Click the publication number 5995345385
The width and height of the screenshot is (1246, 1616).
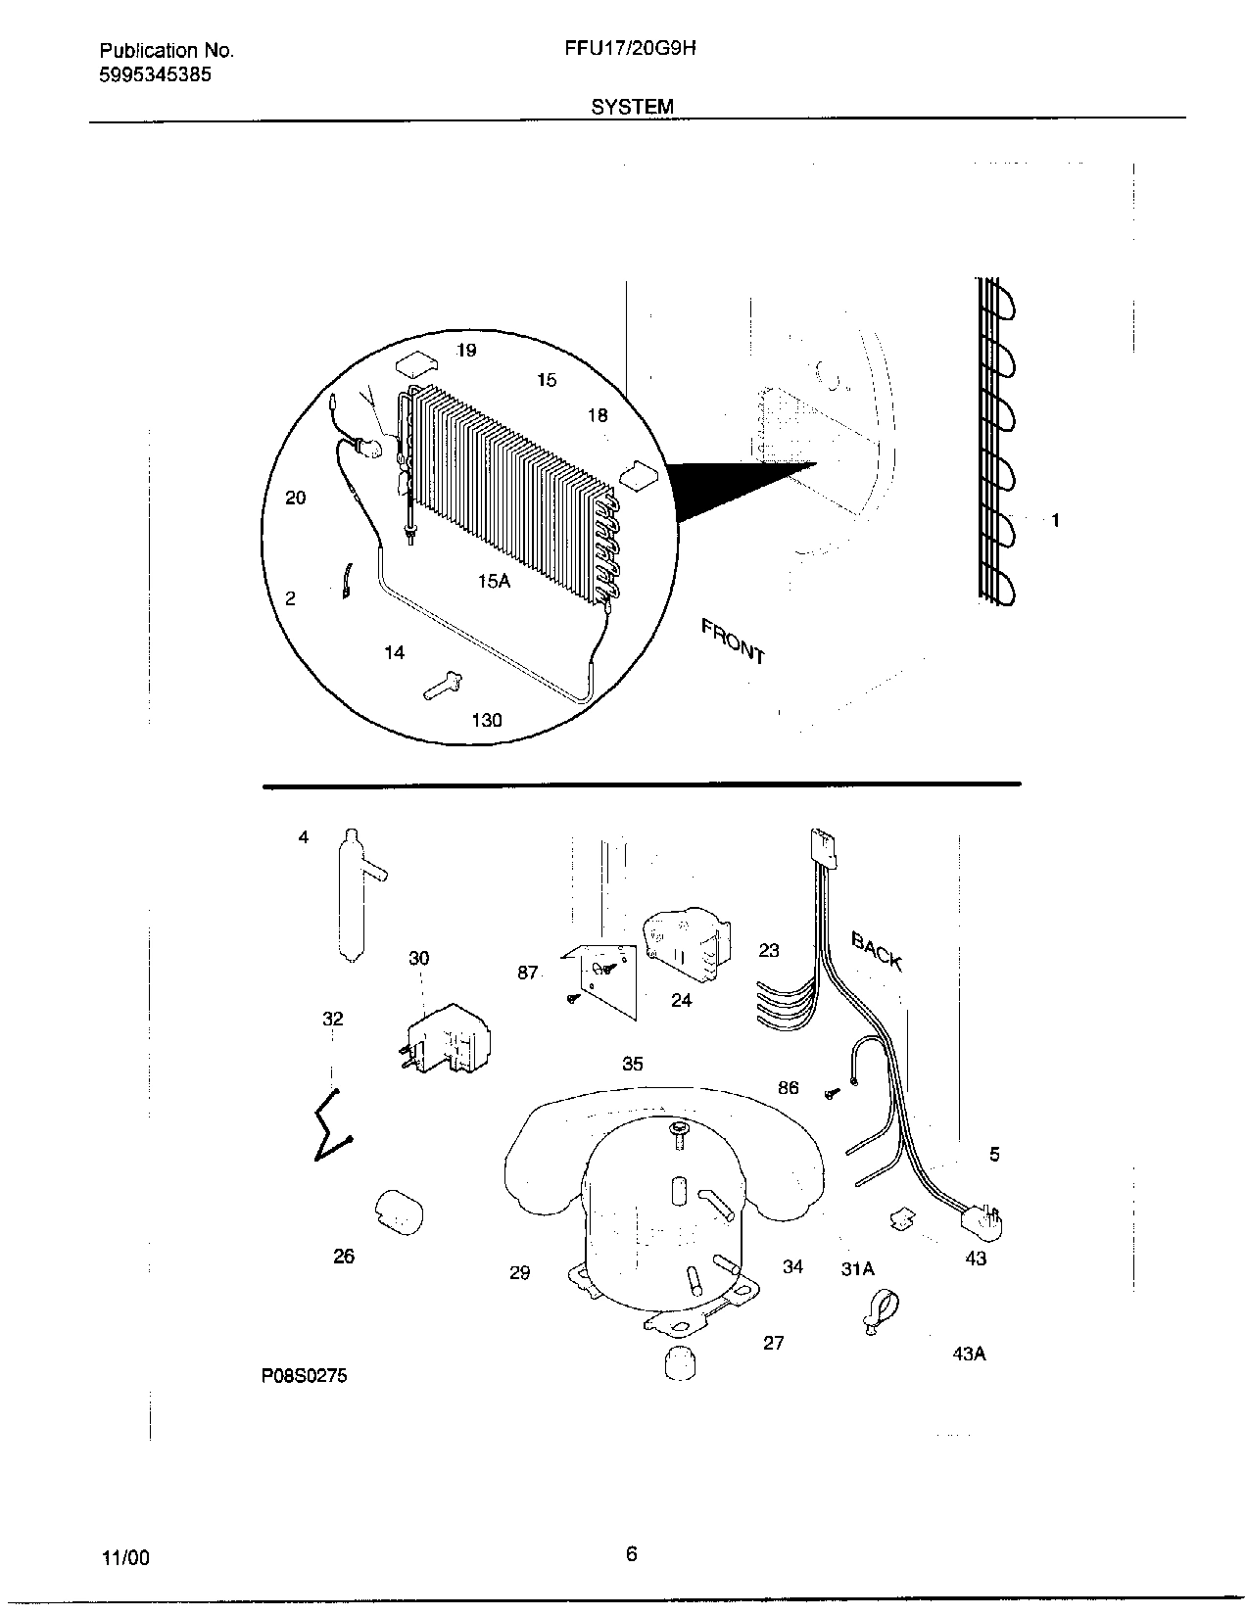click(x=155, y=74)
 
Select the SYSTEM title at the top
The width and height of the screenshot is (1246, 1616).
click(x=632, y=106)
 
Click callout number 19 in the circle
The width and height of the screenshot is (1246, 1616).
click(x=466, y=351)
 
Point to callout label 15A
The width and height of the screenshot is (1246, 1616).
click(x=494, y=581)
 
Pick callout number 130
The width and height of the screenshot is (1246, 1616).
click(x=486, y=721)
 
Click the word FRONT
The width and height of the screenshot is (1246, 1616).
click(x=733, y=641)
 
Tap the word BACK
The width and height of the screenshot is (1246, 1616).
click(x=876, y=951)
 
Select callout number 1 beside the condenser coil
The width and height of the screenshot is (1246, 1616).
click(x=1055, y=521)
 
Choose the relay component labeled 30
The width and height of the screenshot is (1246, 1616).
click(x=446, y=1038)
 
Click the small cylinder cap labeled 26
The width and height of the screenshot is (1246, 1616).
click(x=397, y=1213)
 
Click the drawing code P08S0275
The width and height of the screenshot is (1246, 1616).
click(x=304, y=1376)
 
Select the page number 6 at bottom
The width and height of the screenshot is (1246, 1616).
click(x=632, y=1553)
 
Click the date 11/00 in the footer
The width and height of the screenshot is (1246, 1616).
click(x=125, y=1557)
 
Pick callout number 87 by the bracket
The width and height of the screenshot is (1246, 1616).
click(x=528, y=973)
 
